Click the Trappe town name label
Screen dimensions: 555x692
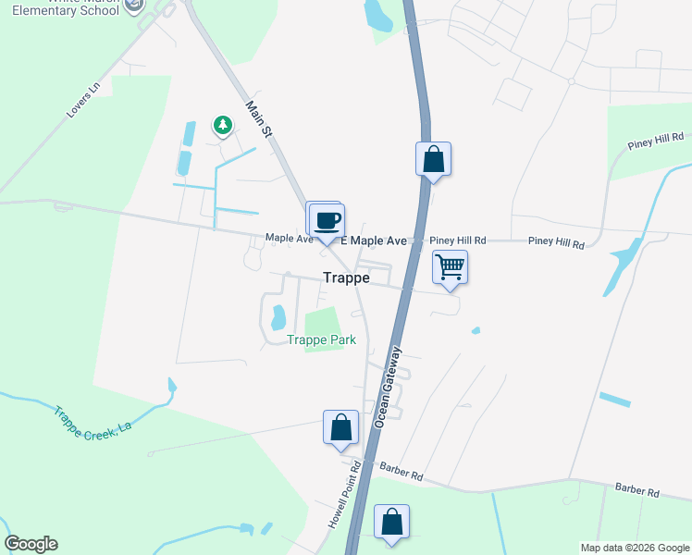click(347, 277)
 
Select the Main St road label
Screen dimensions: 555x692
click(258, 120)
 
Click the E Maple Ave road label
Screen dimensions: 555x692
click(374, 240)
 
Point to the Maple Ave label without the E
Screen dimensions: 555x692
click(289, 238)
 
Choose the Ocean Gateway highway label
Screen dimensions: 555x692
click(389, 387)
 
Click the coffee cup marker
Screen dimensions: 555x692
click(327, 220)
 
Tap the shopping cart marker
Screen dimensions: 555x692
click(450, 268)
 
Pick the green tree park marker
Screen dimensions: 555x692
click(222, 124)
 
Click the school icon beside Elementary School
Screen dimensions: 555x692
click(135, 6)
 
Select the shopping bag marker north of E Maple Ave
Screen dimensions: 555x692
click(433, 160)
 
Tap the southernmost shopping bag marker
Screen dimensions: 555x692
click(391, 523)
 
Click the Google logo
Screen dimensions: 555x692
click(31, 544)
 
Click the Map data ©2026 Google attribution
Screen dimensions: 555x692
click(635, 548)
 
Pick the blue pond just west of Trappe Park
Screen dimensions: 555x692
click(278, 317)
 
